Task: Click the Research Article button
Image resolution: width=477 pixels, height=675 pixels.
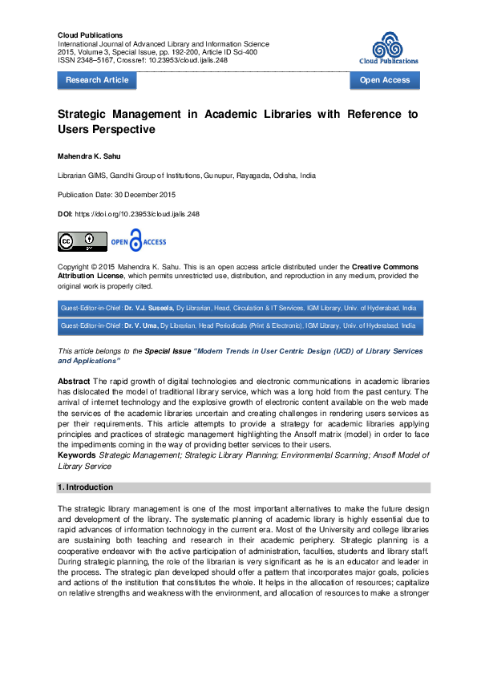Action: pos(97,80)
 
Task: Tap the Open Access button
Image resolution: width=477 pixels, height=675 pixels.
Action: pos(385,80)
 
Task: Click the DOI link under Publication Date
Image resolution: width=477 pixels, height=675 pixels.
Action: pos(136,215)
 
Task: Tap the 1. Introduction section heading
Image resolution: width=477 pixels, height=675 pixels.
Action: pos(84,487)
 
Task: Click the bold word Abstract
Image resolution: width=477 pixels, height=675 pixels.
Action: pos(74,382)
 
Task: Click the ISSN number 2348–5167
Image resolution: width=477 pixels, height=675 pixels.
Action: pos(95,59)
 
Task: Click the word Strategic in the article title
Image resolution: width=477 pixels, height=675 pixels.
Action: pos(86,114)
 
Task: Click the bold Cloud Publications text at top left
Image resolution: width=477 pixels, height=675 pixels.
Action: pos(91,35)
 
